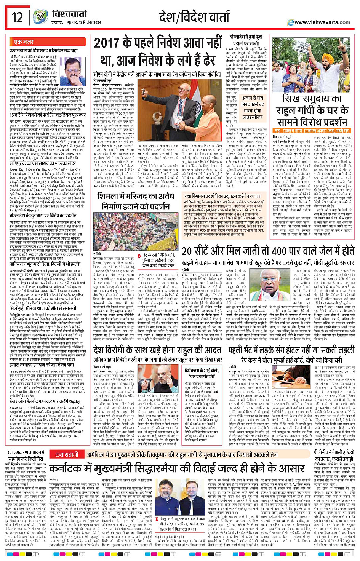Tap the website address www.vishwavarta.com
coord(322,22)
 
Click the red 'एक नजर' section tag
coord(24,42)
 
